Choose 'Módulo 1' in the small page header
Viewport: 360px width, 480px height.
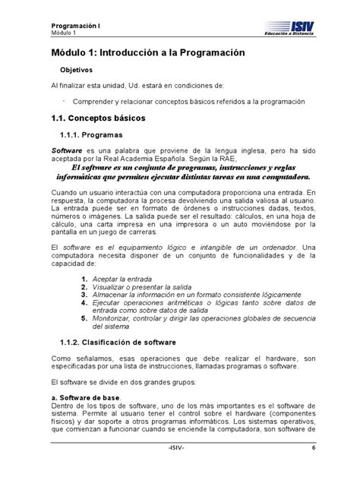click(46, 34)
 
